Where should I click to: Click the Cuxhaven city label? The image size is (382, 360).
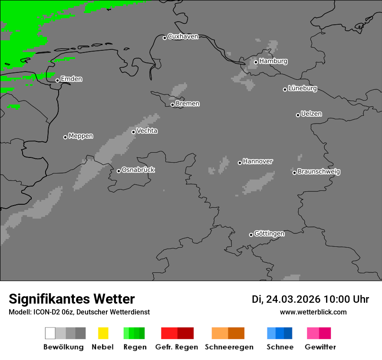pyautogui.click(x=183, y=36)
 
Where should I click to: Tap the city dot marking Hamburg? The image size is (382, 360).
pyautogui.click(x=256, y=62)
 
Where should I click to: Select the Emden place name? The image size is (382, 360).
pyautogui.click(x=71, y=79)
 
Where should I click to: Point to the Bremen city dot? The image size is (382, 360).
pyautogui.click(x=172, y=105)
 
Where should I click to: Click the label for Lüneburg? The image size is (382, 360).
pyautogui.click(x=303, y=88)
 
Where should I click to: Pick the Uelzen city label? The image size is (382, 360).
pyautogui.click(x=311, y=114)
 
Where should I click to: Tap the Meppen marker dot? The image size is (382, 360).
pyautogui.click(x=65, y=137)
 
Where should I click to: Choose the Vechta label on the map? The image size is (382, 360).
pyautogui.click(x=147, y=131)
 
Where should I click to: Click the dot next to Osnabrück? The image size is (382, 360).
pyautogui.click(x=119, y=171)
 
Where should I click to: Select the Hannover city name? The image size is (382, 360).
pyautogui.click(x=258, y=161)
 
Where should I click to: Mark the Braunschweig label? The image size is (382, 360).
pyautogui.click(x=319, y=172)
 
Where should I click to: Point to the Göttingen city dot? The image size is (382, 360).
pyautogui.click(x=251, y=235)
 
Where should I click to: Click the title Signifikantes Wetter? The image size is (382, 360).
pyautogui.click(x=72, y=299)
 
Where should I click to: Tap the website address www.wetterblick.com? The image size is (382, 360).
pyautogui.click(x=313, y=312)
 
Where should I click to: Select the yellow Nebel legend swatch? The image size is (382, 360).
pyautogui.click(x=103, y=333)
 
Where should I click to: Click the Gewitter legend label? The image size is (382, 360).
pyautogui.click(x=320, y=347)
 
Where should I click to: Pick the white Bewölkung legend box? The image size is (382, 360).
pyautogui.click(x=50, y=333)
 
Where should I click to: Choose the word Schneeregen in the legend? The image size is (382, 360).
pyautogui.click(x=229, y=347)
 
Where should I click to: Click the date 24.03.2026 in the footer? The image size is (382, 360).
pyautogui.click(x=293, y=299)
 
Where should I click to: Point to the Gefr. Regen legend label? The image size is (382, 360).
pyautogui.click(x=176, y=347)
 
